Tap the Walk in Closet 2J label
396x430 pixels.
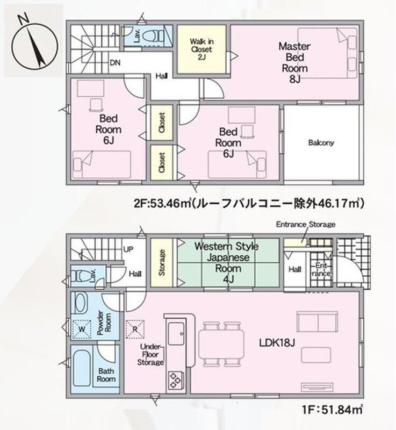(201, 49)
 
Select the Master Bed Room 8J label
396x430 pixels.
(294, 62)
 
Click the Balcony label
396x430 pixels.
(321, 142)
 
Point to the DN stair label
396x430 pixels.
(115, 63)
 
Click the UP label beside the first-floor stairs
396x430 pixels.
(128, 249)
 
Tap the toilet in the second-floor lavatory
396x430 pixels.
(154, 35)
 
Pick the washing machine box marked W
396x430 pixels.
(82, 329)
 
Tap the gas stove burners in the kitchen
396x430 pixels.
(175, 380)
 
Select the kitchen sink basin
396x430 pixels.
(176, 333)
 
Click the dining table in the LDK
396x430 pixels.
(221, 344)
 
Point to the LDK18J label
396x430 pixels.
(277, 342)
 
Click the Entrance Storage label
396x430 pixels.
(306, 225)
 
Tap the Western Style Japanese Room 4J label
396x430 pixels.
(227, 262)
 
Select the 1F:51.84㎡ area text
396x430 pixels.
(333, 410)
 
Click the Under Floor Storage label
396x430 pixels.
(150, 355)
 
